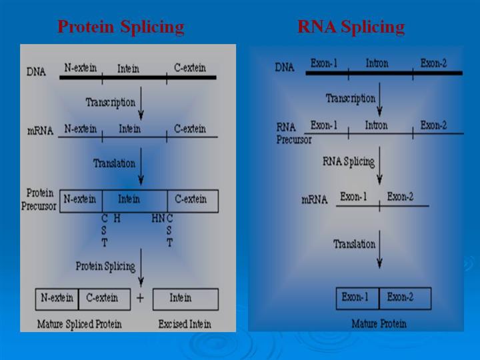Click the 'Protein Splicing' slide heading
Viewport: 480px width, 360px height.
click(121, 27)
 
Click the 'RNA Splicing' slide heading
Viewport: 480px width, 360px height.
click(351, 27)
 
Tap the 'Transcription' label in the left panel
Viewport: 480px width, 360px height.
click(110, 103)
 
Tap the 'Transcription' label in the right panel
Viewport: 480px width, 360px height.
click(350, 99)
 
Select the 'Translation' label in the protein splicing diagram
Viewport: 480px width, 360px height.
click(114, 163)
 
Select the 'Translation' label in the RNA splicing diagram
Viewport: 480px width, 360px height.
click(355, 245)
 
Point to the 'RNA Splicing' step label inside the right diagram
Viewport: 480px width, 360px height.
click(348, 161)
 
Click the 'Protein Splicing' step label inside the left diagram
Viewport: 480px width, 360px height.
click(105, 266)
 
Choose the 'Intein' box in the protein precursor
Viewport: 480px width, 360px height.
click(129, 199)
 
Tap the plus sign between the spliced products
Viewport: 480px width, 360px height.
click(140, 298)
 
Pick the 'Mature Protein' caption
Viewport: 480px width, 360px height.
click(379, 324)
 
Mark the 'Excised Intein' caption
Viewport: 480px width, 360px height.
click(185, 325)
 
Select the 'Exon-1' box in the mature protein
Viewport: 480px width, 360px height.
click(357, 297)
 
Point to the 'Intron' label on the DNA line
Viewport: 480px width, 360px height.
click(377, 63)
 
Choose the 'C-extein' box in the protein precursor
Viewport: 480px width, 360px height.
click(192, 199)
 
